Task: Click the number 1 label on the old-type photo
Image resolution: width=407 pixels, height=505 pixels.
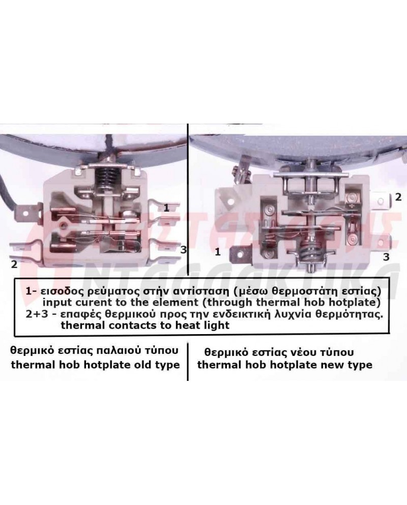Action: tap(166, 207)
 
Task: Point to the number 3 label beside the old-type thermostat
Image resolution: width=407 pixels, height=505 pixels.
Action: tap(183, 250)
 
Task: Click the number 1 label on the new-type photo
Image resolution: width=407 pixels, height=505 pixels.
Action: tap(218, 251)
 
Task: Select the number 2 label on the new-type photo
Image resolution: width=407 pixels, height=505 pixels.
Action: tap(398, 196)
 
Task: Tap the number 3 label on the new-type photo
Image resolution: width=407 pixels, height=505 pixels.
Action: tap(386, 257)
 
